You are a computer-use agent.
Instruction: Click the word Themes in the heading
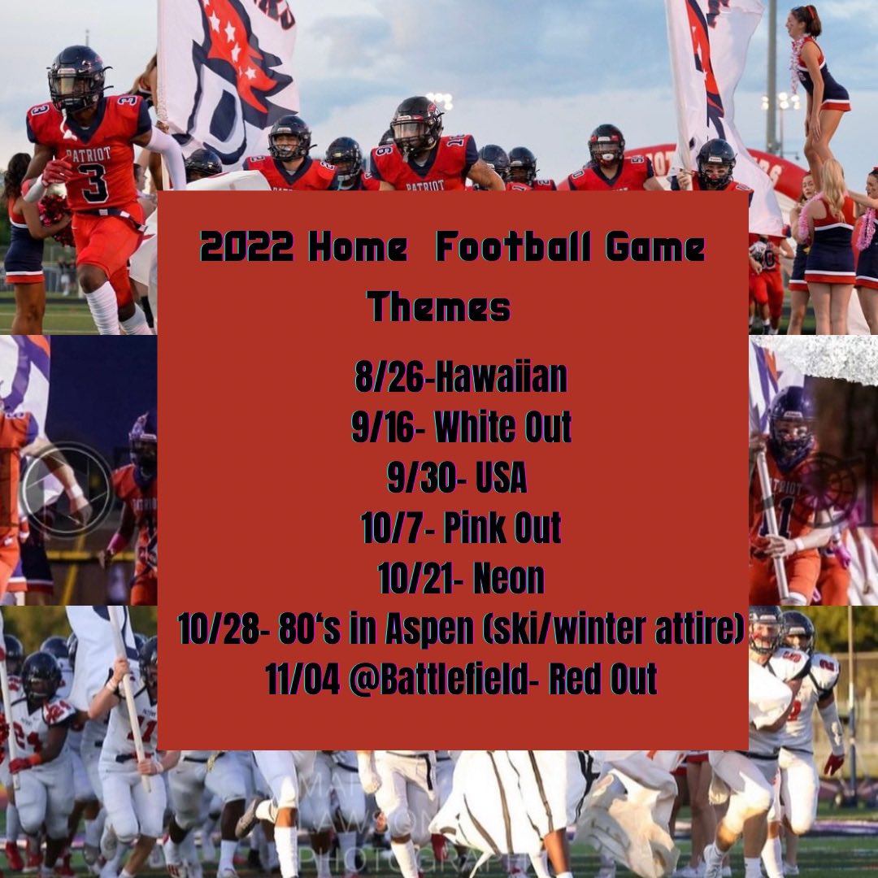click(439, 307)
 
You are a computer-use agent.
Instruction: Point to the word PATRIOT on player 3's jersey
click(90, 154)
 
